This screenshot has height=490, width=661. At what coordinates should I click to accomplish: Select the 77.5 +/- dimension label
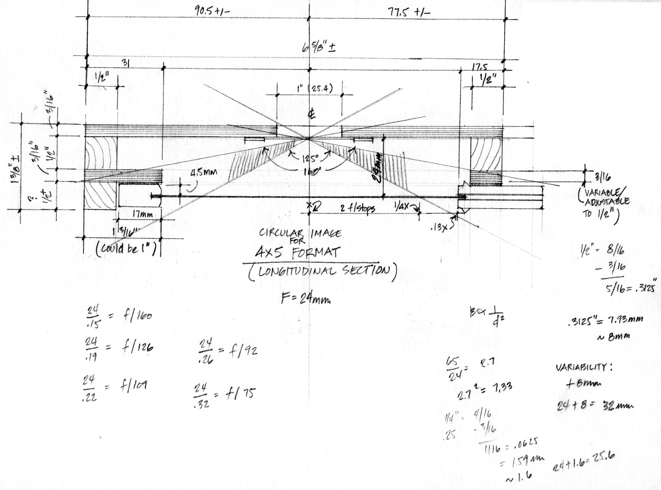coord(408,11)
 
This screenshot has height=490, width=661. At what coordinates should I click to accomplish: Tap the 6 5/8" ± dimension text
coord(319,48)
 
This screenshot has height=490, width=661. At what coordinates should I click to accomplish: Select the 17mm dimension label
coord(142,214)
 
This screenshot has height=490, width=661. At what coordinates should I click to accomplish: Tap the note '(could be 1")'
coord(127,249)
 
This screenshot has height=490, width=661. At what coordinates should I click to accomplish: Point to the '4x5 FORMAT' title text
coord(298,253)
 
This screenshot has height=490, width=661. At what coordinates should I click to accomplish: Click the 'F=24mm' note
coord(306,299)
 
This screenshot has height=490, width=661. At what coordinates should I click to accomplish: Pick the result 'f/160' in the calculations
coord(136,315)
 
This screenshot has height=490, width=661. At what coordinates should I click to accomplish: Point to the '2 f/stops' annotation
coord(357,208)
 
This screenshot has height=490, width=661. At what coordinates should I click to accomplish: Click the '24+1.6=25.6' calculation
coord(584,463)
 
